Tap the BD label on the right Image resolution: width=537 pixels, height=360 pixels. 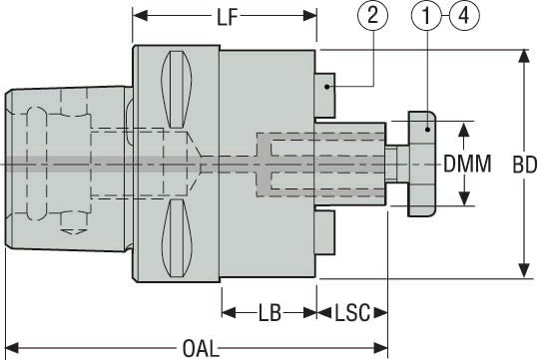click(x=513, y=164)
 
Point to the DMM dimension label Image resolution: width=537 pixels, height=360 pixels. click(x=466, y=164)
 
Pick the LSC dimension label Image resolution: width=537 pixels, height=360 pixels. click(x=353, y=313)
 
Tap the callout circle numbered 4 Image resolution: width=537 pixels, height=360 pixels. click(x=464, y=17)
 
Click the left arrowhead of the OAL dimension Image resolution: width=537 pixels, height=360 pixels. click(x=13, y=347)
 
